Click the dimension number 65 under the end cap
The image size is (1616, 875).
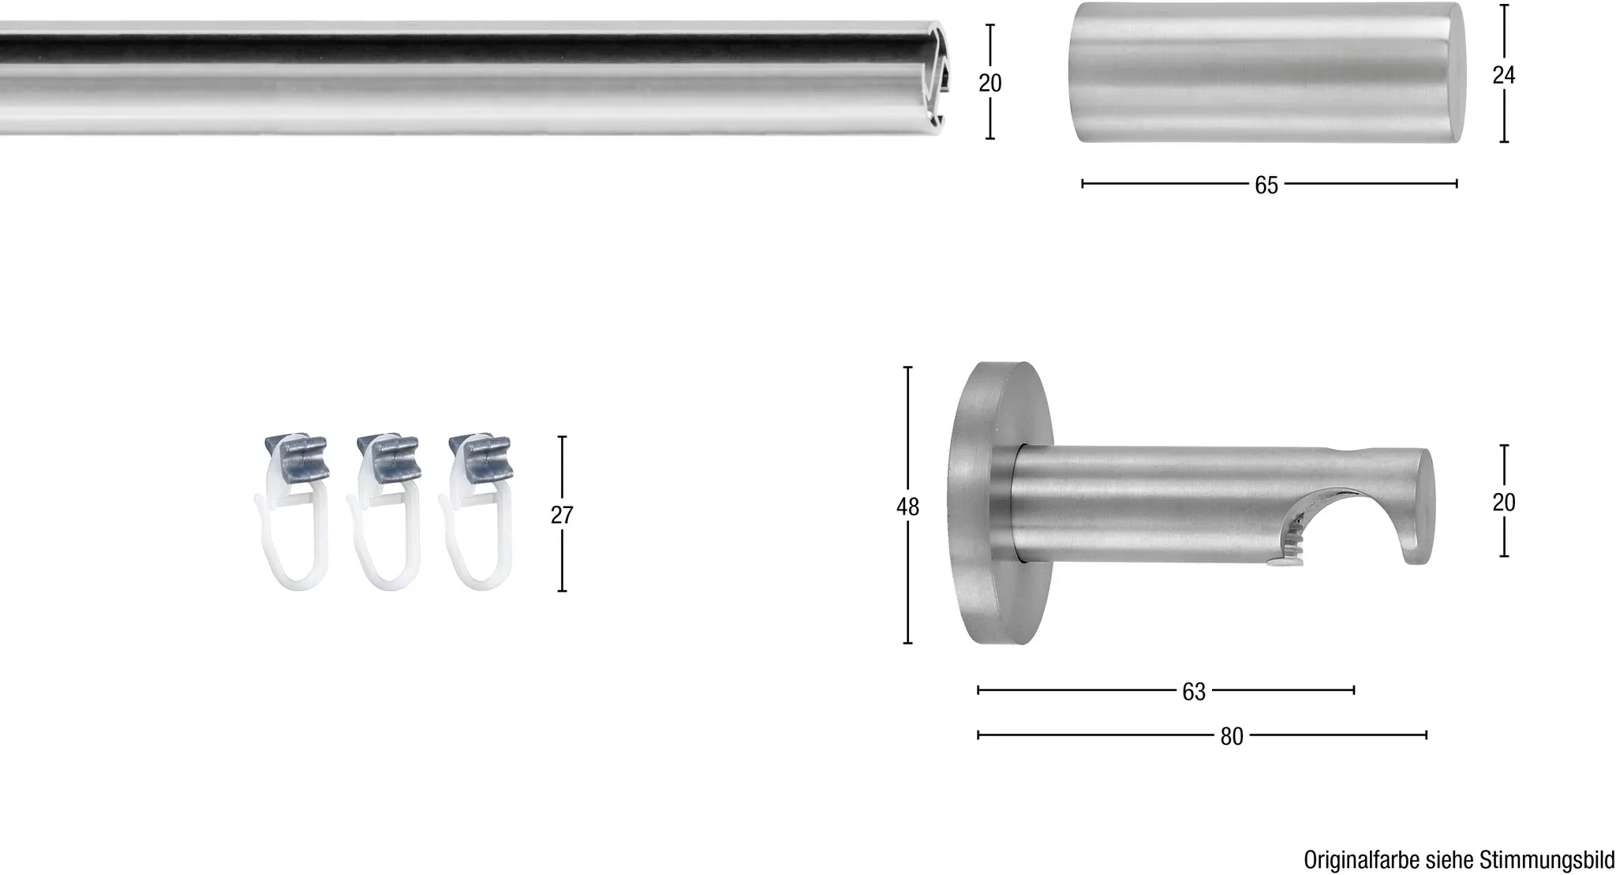coord(1266,185)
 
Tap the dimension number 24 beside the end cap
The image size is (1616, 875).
coord(1504,75)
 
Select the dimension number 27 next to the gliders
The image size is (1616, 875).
coord(562,515)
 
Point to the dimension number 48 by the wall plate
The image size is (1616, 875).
coord(907,507)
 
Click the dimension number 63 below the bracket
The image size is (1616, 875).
coord(1194,692)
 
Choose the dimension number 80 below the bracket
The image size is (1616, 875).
coord(1232,737)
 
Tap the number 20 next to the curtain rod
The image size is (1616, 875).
coord(990,83)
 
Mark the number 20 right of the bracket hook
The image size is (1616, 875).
coord(1504,503)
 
